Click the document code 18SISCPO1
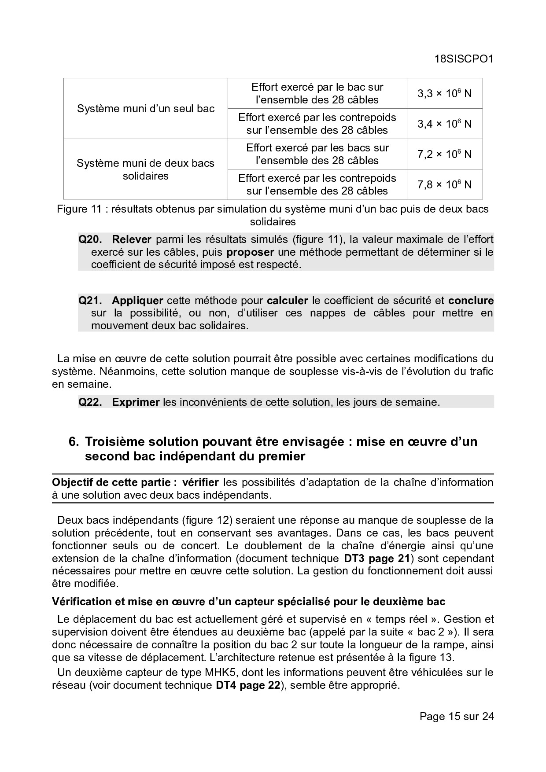point(464,59)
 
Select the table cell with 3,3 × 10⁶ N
point(444,93)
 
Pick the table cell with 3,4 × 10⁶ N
point(444,124)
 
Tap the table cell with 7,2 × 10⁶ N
point(444,154)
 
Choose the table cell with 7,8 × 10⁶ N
point(444,184)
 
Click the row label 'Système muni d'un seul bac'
point(146,109)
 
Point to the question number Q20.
point(90,239)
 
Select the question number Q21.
point(90,301)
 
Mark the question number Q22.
point(90,402)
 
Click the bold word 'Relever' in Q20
point(132,239)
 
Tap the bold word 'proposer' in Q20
point(250,252)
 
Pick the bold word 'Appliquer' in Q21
point(137,301)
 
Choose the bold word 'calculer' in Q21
point(288,301)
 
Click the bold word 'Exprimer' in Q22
point(136,402)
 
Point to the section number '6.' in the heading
point(74,441)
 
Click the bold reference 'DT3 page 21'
point(376,559)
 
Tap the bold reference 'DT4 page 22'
point(248,685)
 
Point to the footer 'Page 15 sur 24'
point(457,716)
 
